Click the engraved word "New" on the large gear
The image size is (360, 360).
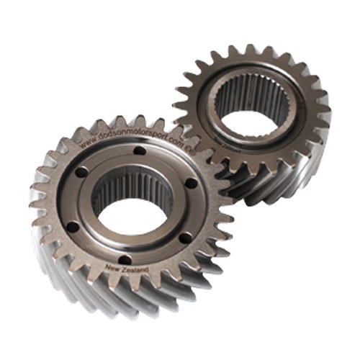pyautogui.click(x=114, y=269)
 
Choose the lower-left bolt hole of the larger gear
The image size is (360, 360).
pyautogui.click(x=72, y=226)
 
